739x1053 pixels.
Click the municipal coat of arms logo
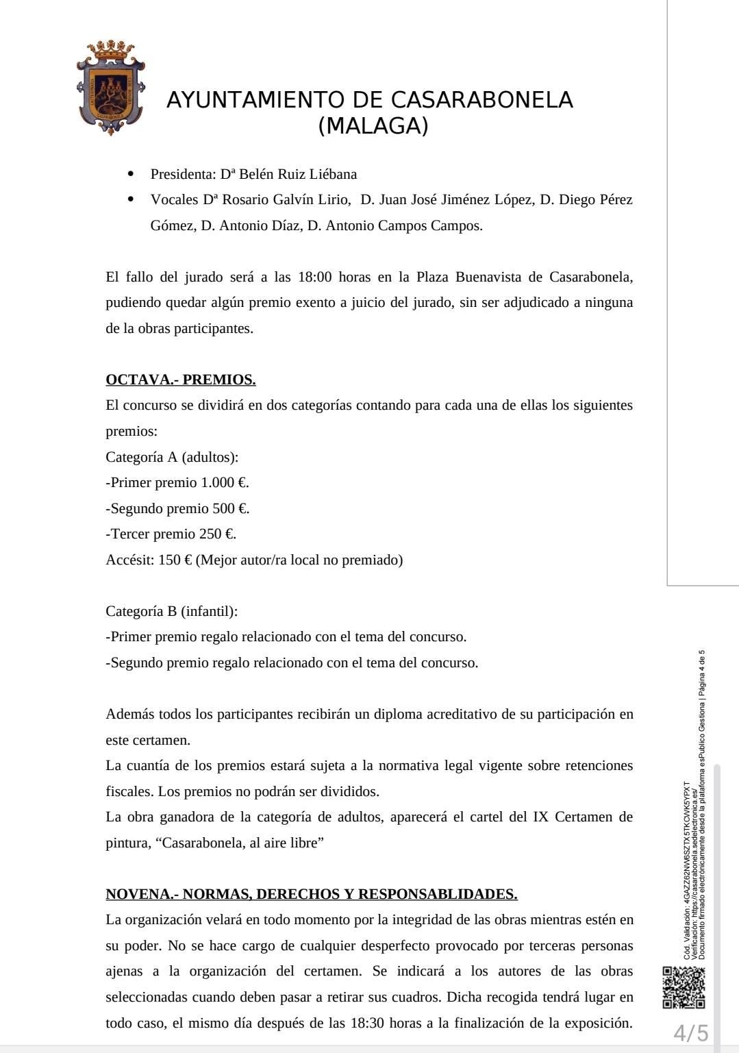(x=110, y=88)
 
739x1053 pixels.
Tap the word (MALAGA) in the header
(x=373, y=126)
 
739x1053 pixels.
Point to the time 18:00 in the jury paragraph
(x=315, y=277)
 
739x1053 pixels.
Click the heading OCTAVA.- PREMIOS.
(x=181, y=380)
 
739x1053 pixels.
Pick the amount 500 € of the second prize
(x=231, y=508)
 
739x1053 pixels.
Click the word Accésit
(x=129, y=560)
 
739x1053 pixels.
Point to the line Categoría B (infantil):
(x=172, y=611)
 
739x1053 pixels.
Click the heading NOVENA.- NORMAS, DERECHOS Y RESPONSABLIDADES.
(x=312, y=894)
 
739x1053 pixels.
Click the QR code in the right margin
(x=684, y=987)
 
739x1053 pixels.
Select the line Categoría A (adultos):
(x=172, y=457)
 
